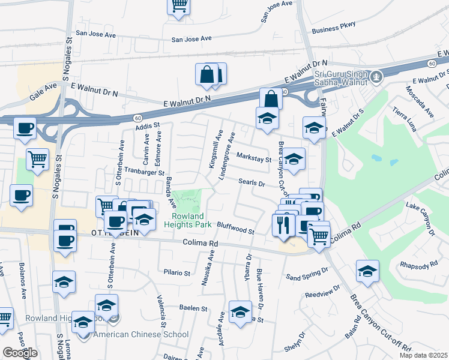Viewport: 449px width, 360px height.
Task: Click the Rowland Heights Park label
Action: pos(191,220)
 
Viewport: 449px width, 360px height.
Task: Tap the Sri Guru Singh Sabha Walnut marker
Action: pos(376,77)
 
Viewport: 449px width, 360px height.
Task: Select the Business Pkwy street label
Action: pos(334,28)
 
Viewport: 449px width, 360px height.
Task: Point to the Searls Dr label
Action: pos(252,182)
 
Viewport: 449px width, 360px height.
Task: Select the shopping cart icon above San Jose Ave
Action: pos(178,6)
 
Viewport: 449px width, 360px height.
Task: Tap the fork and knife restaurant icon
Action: pos(282,224)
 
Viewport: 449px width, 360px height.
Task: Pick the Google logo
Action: pos(20,353)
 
